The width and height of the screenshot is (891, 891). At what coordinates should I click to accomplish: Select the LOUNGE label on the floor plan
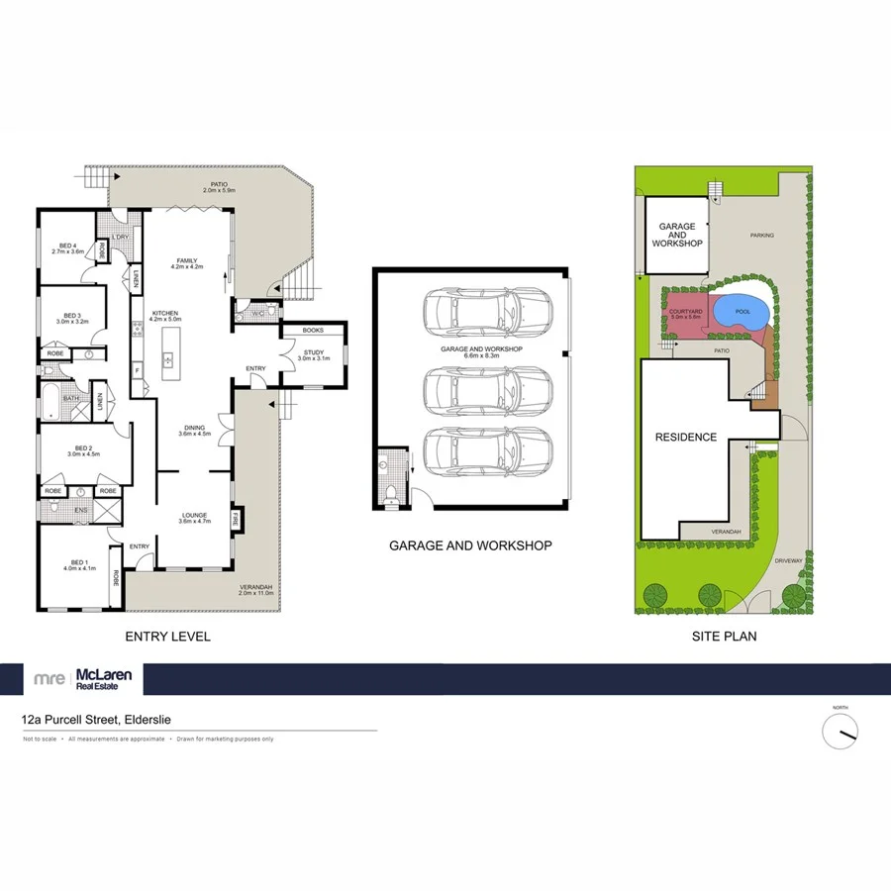coord(193,515)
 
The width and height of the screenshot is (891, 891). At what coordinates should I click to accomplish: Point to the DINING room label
coord(193,429)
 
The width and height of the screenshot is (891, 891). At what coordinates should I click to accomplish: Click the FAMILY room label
coord(187,261)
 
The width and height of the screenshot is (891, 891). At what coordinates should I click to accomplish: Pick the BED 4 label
coord(68,247)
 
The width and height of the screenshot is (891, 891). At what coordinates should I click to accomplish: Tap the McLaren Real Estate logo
coord(84,679)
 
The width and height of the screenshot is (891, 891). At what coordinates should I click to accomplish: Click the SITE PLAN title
coord(724,637)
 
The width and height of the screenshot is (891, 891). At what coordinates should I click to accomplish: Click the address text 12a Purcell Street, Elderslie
coord(87,723)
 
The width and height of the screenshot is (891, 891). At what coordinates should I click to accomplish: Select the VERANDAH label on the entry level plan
coord(255,589)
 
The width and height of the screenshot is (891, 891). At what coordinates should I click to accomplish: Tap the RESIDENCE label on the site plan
coord(685,437)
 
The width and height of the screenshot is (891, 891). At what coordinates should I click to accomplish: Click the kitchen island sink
coord(168,359)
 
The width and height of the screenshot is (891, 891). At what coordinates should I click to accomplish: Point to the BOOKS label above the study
coord(313,330)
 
